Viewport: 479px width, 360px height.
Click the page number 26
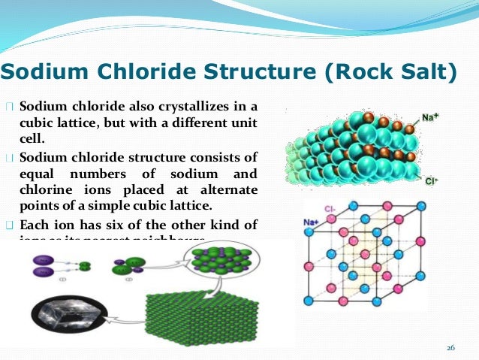click(451, 346)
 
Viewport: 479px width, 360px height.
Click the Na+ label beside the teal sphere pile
click(430, 118)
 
